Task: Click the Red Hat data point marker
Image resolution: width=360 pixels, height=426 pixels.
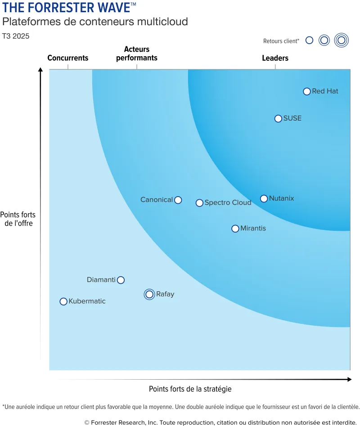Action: point(307,91)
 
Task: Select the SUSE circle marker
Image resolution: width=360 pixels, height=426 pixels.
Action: point(278,119)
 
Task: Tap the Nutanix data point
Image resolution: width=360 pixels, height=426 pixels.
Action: point(264,198)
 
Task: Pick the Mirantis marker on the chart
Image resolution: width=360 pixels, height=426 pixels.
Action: point(235,229)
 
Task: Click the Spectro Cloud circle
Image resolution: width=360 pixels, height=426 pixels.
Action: point(199,203)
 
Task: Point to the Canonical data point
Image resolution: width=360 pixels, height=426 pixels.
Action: point(178,200)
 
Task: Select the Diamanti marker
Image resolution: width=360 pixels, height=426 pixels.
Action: point(121,280)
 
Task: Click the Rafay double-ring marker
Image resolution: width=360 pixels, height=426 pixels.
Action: point(149,295)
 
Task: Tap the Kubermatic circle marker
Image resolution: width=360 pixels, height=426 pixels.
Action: point(63,301)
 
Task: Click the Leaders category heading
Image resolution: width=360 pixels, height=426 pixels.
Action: point(275,58)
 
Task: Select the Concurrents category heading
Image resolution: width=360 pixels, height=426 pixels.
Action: point(68,58)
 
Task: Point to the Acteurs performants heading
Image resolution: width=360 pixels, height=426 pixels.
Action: point(137,54)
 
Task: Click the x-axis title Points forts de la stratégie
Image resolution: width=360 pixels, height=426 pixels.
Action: point(190,389)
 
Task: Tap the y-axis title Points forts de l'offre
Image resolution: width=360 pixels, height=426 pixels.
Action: point(18,219)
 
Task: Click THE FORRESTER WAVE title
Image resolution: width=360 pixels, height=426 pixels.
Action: point(66,8)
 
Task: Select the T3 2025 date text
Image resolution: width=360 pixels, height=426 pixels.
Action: point(16,36)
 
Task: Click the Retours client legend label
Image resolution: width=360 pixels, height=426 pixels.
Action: point(281,41)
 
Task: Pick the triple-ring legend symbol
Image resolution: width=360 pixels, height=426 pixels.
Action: point(341,40)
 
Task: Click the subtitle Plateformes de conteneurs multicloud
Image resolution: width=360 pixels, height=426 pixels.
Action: point(95,22)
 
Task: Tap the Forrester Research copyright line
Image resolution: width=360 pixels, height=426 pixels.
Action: point(220,422)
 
